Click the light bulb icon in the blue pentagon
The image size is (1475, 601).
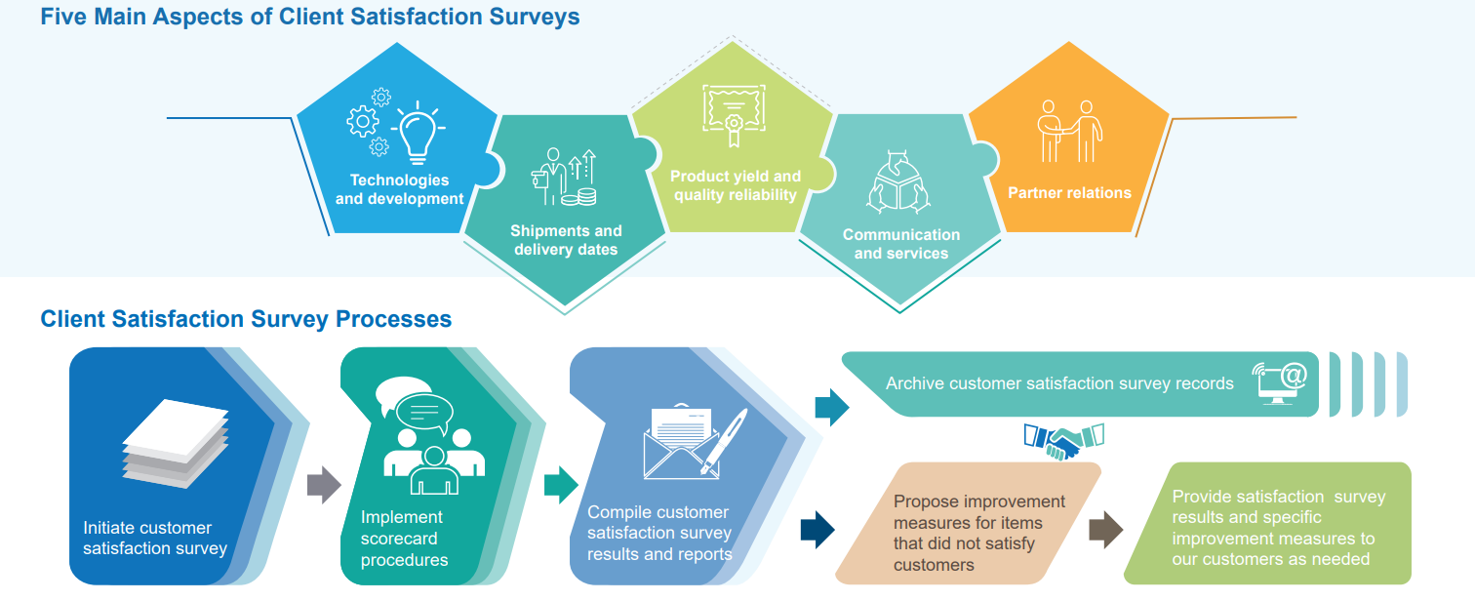419,133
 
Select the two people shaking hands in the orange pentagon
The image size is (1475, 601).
1069,131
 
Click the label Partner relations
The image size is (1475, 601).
1069,193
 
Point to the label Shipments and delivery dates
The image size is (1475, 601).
566,240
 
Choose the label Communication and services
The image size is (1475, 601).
900,244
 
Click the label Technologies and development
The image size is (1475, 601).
399,189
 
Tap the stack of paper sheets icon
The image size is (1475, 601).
176,443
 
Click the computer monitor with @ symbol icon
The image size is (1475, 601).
1279,383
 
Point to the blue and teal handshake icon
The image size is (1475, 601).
1063,440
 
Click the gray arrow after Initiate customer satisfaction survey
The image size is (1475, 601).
324,485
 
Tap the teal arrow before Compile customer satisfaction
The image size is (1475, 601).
561,485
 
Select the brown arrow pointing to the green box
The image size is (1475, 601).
1105,530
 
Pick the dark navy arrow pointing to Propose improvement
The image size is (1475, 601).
817,530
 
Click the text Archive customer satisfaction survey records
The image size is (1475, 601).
1059,383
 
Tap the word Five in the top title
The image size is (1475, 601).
63,17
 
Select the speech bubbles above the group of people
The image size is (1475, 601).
415,404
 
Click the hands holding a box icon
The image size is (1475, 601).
898,182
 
